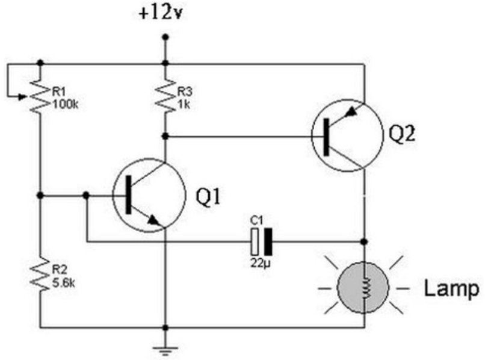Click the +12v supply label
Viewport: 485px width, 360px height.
[160, 13]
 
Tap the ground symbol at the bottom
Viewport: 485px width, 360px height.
[165, 351]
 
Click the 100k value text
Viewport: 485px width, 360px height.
[65, 104]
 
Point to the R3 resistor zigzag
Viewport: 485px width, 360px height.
[165, 95]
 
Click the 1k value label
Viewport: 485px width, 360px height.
[184, 104]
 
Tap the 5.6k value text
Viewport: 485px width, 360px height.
[63, 283]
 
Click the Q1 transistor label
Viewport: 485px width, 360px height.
[208, 197]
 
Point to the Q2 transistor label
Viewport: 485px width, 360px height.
[401, 134]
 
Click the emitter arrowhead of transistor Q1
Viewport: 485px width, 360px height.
[153, 220]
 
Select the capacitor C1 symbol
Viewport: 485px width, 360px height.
[262, 242]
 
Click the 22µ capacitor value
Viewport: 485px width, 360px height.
[261, 263]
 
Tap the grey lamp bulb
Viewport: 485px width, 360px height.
[363, 287]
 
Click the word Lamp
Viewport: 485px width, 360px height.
[451, 289]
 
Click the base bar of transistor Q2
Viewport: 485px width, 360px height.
[326, 137]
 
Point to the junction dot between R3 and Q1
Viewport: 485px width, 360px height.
[165, 136]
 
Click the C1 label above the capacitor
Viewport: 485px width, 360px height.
[256, 221]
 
